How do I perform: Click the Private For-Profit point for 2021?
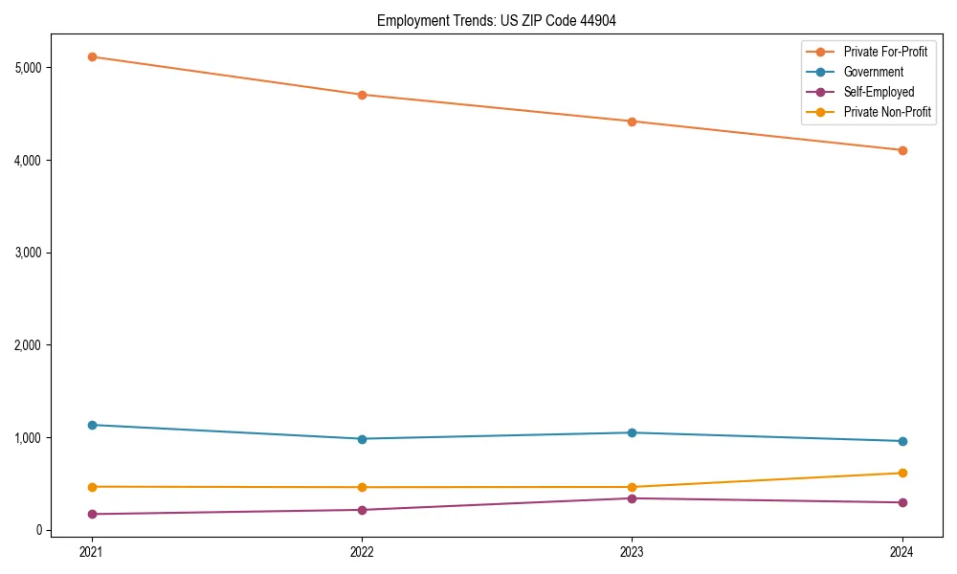[x=92, y=56]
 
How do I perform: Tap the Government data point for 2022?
[x=362, y=439]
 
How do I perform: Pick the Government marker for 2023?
[x=632, y=432]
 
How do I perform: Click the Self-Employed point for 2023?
[x=632, y=498]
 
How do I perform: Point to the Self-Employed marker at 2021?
[x=92, y=514]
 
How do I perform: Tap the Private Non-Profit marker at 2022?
[x=362, y=487]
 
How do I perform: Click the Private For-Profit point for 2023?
[x=632, y=121]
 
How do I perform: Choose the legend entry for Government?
[x=873, y=72]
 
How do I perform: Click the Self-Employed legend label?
[x=879, y=92]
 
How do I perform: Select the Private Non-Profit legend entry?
[x=887, y=112]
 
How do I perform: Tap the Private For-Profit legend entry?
[x=885, y=52]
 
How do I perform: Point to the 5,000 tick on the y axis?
[x=26, y=68]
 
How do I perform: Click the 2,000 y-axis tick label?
[x=26, y=345]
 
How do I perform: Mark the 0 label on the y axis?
[x=37, y=530]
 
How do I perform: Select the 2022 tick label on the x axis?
[x=362, y=551]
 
